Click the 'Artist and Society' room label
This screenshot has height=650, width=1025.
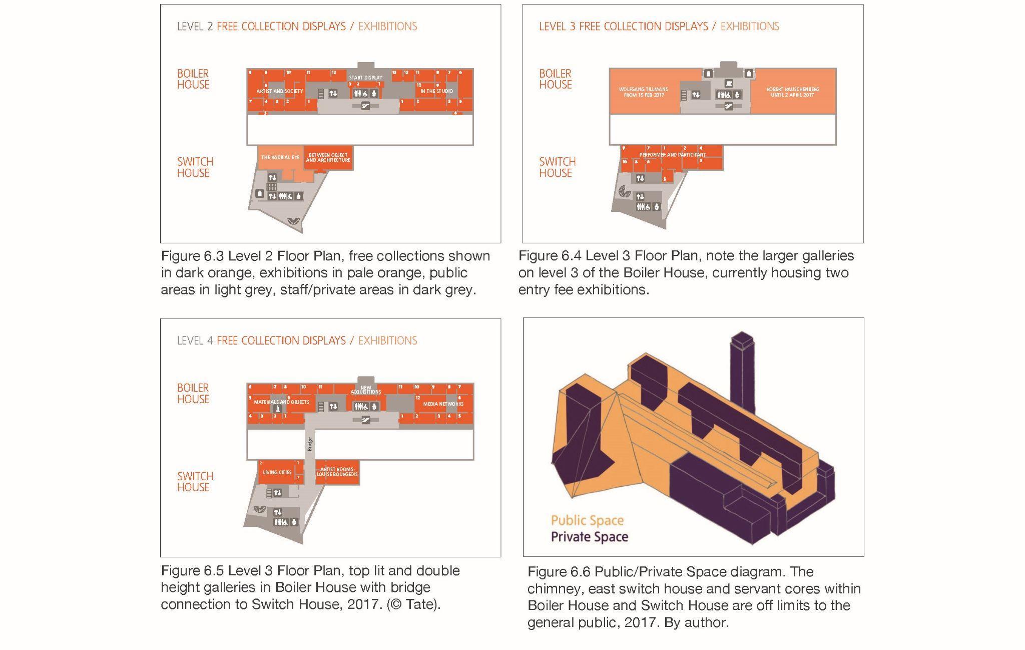coord(280,91)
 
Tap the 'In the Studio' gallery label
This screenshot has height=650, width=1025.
coord(436,91)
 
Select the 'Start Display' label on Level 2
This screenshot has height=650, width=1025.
coord(366,78)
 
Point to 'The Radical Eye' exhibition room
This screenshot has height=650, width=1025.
coord(280,157)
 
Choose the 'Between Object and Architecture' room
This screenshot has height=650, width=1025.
coord(328,158)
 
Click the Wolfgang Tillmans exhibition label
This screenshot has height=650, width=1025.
coord(644,92)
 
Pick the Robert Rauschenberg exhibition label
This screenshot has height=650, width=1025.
coord(793,92)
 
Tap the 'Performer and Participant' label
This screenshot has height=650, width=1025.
coord(672,155)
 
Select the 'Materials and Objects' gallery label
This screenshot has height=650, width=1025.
coord(281,402)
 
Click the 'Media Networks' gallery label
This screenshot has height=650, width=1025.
coord(443,404)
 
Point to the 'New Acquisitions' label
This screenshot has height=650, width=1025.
coord(366,390)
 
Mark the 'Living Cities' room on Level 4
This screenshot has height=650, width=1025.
coord(277,472)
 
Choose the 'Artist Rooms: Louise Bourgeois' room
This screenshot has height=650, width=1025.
coord(337,472)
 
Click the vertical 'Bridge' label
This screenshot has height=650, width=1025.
coord(310,444)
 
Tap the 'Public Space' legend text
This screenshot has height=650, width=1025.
coord(587,520)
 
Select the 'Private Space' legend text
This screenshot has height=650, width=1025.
coord(589,537)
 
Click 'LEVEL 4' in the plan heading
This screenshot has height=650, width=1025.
coord(195,341)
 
